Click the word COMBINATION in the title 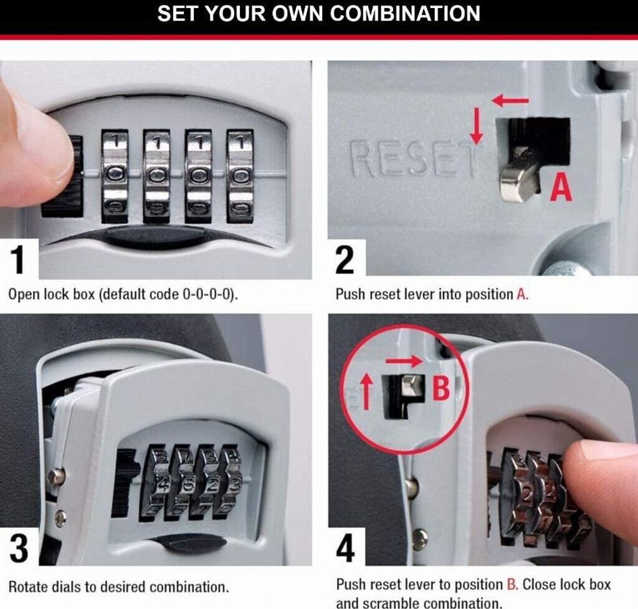click(x=405, y=14)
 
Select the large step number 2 click(x=345, y=260)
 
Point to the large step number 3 click(x=19, y=549)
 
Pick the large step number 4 click(x=345, y=548)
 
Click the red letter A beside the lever click(x=561, y=187)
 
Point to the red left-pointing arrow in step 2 click(x=510, y=100)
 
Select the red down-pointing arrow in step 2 click(x=477, y=126)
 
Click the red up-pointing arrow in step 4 click(x=367, y=392)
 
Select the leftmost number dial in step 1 click(x=115, y=176)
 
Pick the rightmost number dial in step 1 click(x=240, y=176)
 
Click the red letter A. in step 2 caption click(x=523, y=294)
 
